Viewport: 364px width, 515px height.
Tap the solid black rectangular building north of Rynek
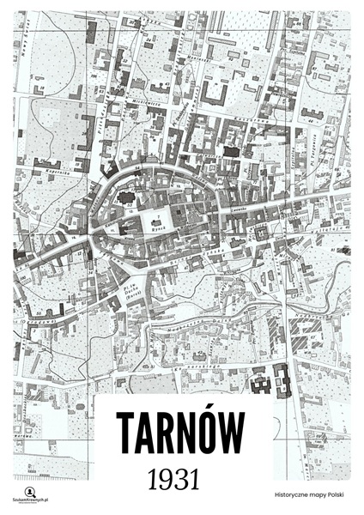tap(230, 151)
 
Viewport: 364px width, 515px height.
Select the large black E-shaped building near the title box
tap(282, 379)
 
